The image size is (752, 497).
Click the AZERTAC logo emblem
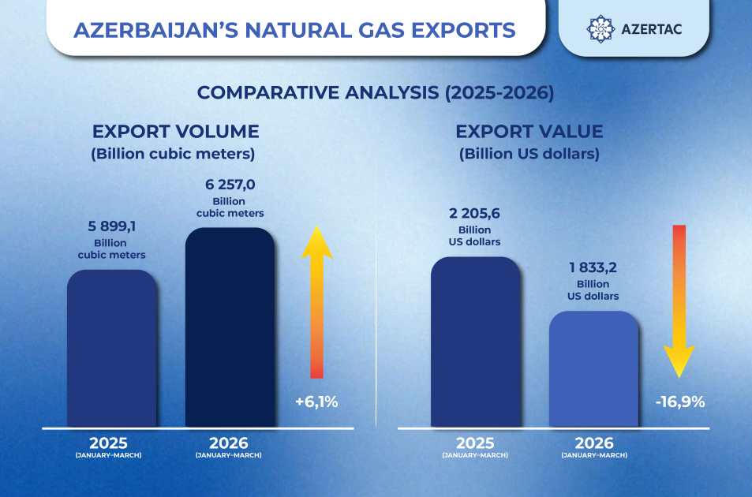tap(601, 28)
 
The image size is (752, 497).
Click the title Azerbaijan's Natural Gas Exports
tap(294, 30)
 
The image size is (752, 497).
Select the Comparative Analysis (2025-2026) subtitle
tap(376, 92)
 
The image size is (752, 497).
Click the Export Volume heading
tap(175, 131)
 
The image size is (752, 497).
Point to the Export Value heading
tap(529, 131)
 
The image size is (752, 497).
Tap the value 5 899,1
tap(111, 226)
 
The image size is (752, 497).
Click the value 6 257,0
tap(230, 185)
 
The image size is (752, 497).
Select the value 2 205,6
tap(475, 213)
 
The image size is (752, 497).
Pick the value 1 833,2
tap(593, 267)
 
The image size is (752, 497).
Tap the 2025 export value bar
tap(475, 342)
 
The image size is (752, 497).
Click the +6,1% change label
tap(316, 402)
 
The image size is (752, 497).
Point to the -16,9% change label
tap(679, 402)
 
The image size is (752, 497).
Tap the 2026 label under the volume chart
tap(229, 443)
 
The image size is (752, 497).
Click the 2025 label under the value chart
tap(475, 443)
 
